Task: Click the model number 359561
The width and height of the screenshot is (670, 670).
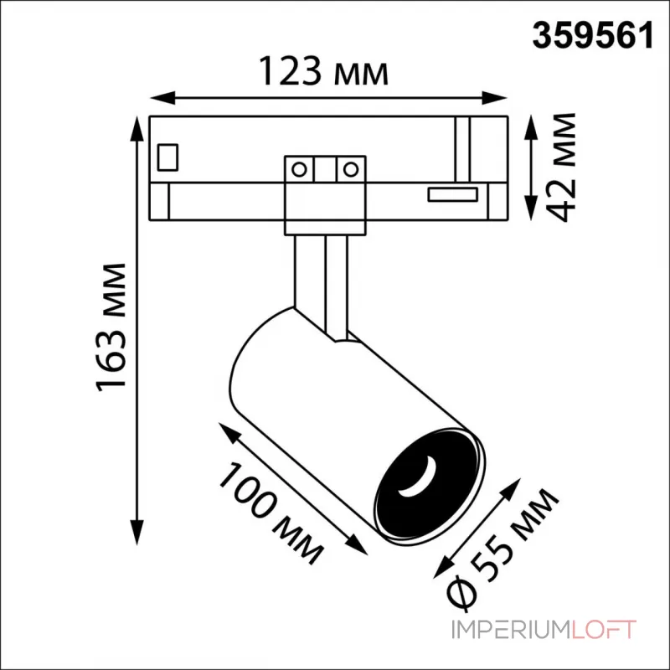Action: (x=593, y=36)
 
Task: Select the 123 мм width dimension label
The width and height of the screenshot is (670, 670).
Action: (x=323, y=71)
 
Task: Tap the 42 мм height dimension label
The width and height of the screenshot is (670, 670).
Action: (x=561, y=167)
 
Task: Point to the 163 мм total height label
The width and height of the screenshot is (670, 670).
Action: (x=112, y=327)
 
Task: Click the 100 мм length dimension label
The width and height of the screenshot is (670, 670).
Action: (x=270, y=513)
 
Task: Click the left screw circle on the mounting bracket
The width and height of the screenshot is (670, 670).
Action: (x=299, y=170)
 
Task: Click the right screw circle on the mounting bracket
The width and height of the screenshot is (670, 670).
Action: (x=351, y=170)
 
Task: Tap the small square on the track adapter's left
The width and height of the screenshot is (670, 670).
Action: (x=167, y=157)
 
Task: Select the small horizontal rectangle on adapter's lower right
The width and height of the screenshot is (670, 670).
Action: (x=452, y=194)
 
